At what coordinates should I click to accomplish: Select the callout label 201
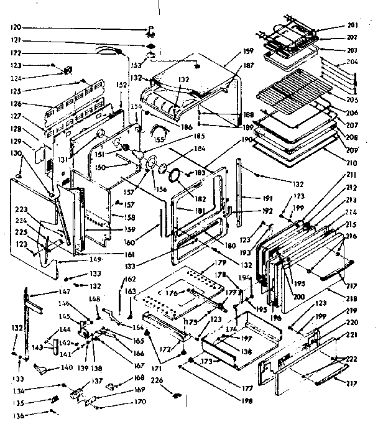[x=353, y=25]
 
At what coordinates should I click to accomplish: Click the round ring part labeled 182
[x=176, y=175]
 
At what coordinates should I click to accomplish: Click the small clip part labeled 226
[x=176, y=395]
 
